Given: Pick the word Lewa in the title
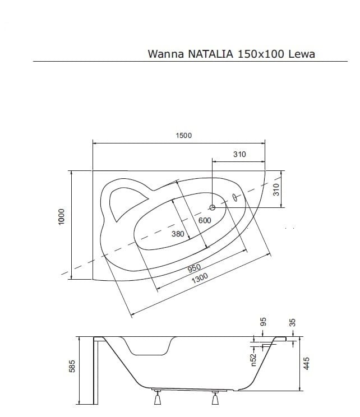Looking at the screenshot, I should click(302, 54).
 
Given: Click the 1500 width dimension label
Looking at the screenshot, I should click(183, 136).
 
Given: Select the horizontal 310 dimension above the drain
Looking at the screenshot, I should click(239, 154).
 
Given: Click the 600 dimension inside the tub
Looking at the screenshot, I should click(205, 220).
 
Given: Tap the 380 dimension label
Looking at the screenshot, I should click(177, 234).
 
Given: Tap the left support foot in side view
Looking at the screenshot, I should click(157, 399).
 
